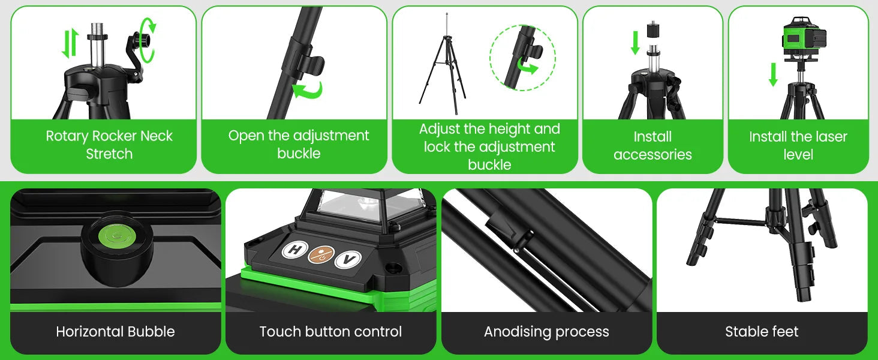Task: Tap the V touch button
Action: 348,259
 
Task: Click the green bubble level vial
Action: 113,236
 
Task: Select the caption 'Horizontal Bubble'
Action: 115,332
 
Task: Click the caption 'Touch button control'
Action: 330,332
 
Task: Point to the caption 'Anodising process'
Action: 546,332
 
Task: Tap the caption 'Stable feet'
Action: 762,332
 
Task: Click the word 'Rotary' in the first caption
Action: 67,136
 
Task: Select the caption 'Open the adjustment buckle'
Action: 299,144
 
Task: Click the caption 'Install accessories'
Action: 653,146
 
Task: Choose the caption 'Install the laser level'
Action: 798,146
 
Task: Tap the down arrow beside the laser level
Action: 773,74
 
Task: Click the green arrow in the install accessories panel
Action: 635,43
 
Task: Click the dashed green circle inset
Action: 522,58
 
